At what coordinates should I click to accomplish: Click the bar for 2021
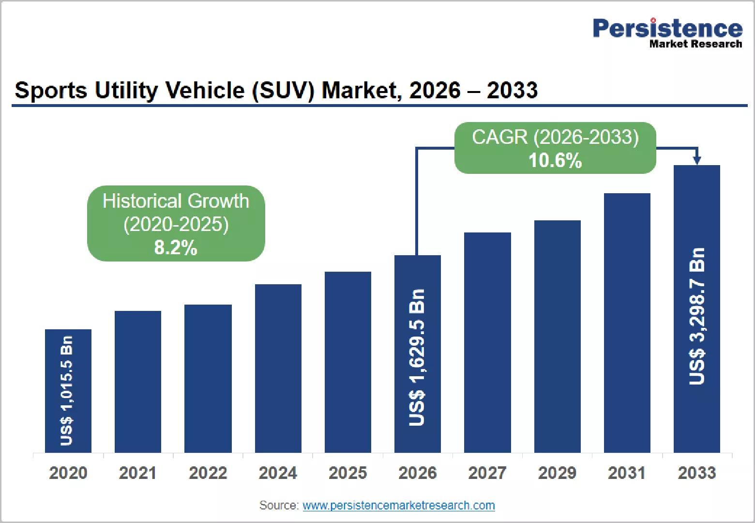click(138, 382)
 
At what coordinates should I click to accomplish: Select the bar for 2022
click(208, 379)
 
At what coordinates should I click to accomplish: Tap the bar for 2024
click(278, 369)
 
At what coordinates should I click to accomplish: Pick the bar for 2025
click(348, 362)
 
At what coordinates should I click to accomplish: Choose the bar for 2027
click(487, 342)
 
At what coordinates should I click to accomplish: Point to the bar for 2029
click(558, 337)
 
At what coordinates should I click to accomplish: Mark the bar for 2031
click(627, 323)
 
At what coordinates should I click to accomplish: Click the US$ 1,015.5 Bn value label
click(66, 390)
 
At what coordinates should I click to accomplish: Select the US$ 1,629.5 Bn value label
click(417, 357)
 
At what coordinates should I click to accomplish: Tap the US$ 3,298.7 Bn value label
click(697, 316)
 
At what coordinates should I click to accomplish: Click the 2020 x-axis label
click(68, 473)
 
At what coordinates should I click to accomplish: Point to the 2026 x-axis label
click(418, 473)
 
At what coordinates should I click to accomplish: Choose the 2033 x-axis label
click(697, 473)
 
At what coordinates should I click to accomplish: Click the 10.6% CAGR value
click(555, 160)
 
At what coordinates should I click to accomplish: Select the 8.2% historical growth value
click(176, 247)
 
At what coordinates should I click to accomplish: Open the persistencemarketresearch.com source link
click(399, 506)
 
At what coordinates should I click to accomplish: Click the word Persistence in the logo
click(668, 28)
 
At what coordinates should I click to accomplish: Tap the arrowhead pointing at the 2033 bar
click(697, 160)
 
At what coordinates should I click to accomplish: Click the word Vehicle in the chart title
click(205, 90)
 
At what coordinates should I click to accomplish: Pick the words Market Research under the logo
click(695, 44)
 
